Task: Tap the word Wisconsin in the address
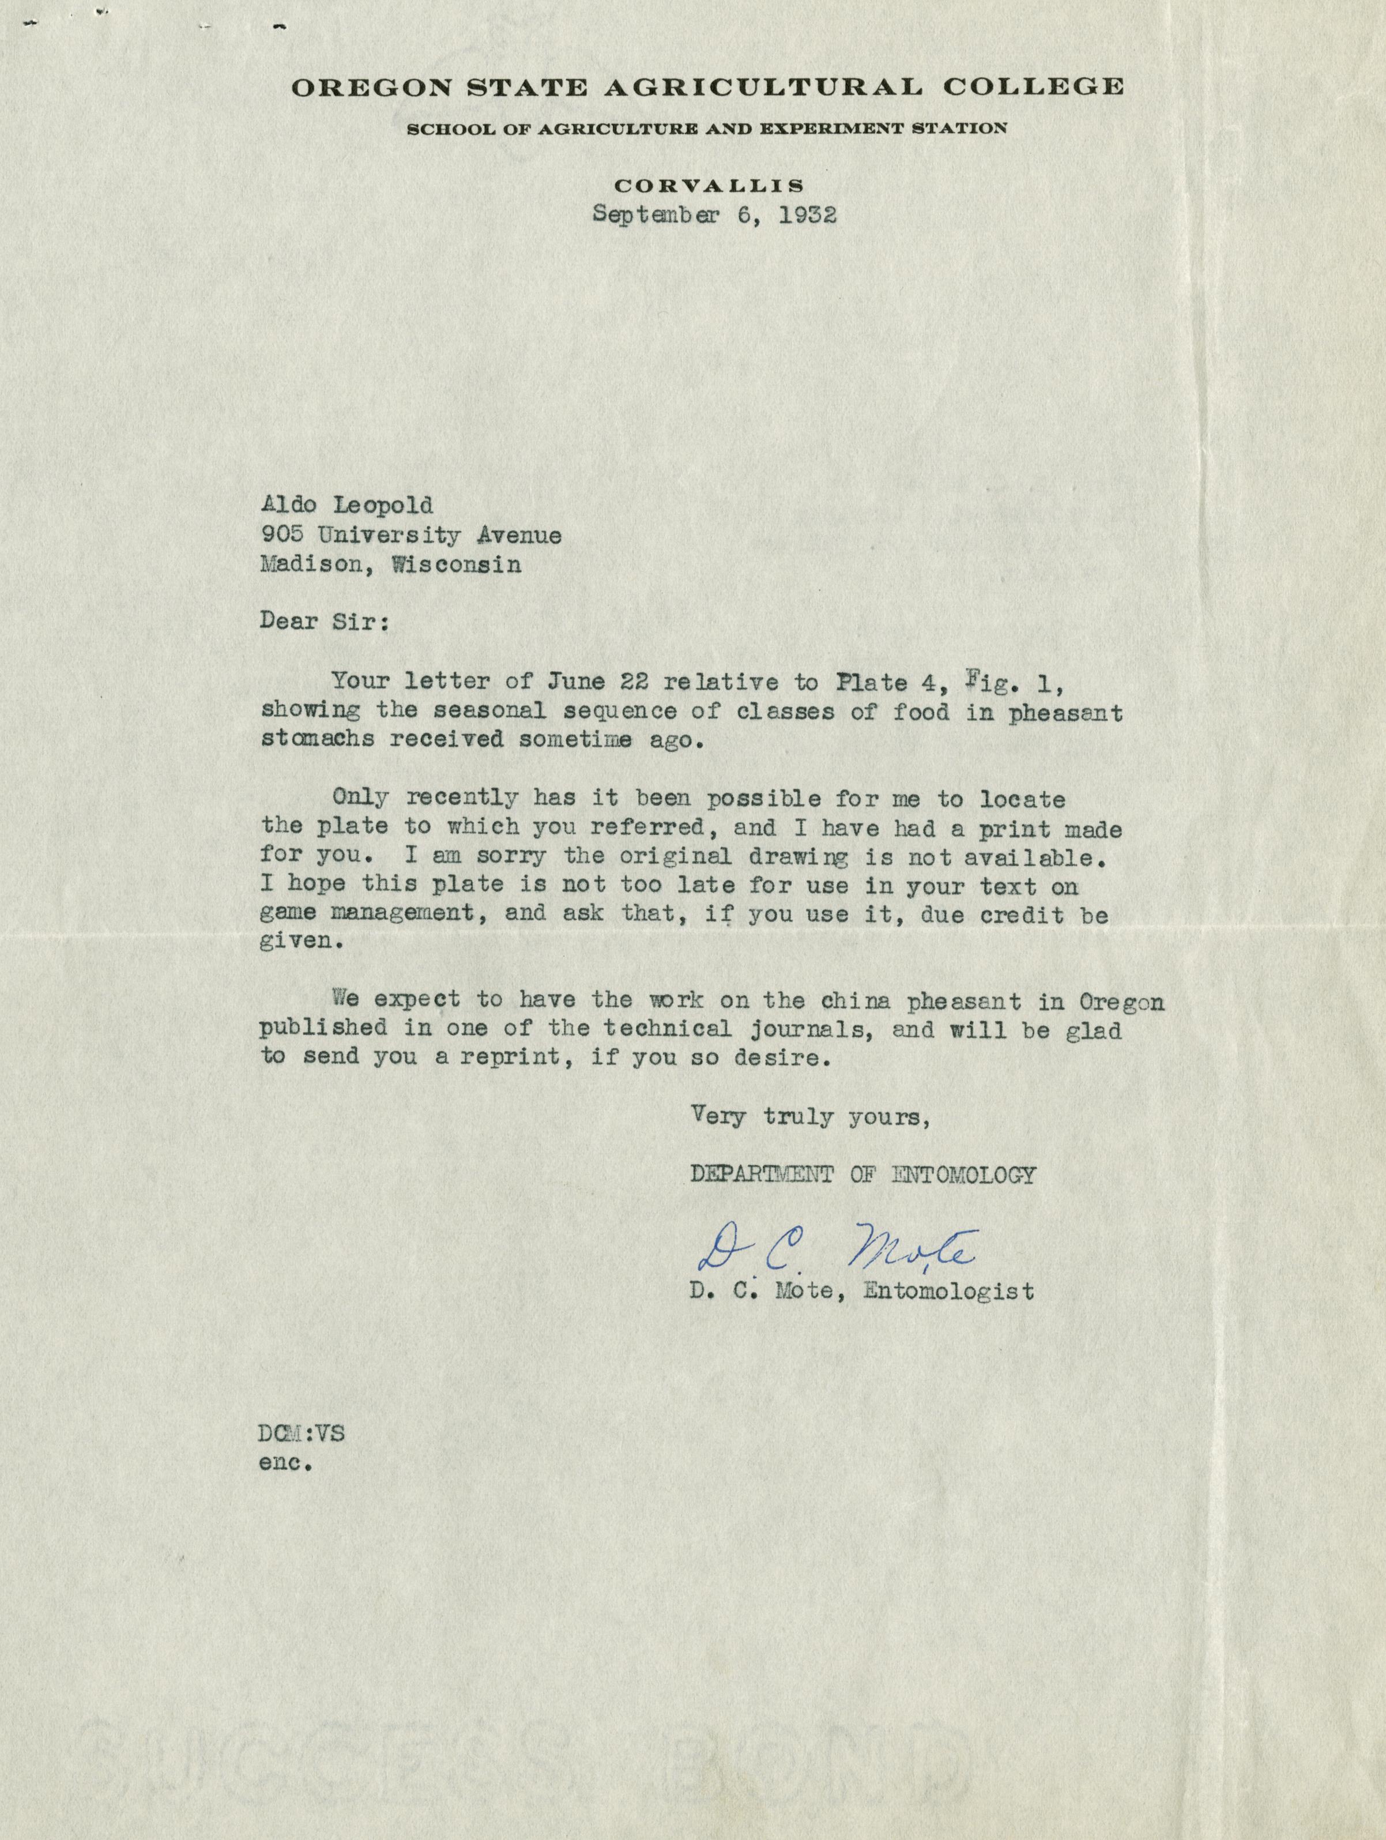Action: point(457,565)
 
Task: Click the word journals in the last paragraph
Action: point(808,1030)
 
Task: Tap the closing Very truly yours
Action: point(809,1117)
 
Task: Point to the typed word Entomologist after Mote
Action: point(949,1291)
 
